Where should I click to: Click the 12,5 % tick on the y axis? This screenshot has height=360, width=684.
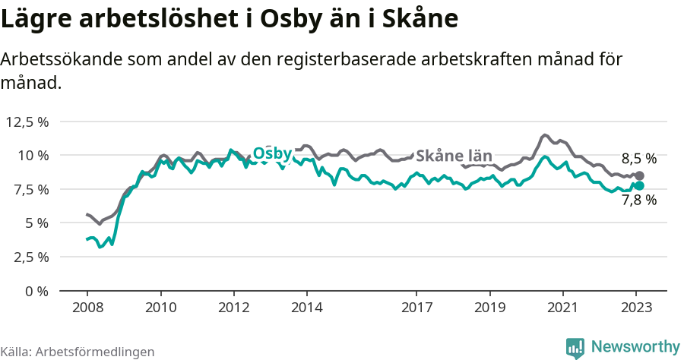(28, 122)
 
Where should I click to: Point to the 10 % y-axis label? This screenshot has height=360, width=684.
(33, 155)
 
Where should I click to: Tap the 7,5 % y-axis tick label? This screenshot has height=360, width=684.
(31, 189)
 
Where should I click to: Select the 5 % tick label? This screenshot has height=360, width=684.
(36, 223)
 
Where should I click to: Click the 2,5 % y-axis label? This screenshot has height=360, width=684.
(31, 257)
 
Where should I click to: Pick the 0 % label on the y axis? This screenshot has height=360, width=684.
(36, 291)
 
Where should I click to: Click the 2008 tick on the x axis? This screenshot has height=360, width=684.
(87, 308)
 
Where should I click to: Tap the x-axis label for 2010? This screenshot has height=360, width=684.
(160, 308)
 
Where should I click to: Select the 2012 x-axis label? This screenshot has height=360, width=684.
(233, 308)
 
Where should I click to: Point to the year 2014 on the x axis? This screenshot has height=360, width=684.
(306, 308)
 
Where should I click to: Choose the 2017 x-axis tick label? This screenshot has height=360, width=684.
(416, 308)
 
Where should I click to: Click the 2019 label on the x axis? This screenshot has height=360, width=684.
(489, 308)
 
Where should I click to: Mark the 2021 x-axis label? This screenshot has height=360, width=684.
(563, 308)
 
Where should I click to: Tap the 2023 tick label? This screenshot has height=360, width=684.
(636, 308)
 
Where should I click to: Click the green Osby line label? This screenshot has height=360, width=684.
(272, 153)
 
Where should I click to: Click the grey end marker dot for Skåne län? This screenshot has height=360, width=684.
(639, 176)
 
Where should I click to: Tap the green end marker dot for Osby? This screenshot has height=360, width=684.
(639, 186)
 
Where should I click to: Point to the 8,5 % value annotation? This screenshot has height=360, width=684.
(638, 159)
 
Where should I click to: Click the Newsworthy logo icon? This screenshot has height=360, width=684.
(575, 348)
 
